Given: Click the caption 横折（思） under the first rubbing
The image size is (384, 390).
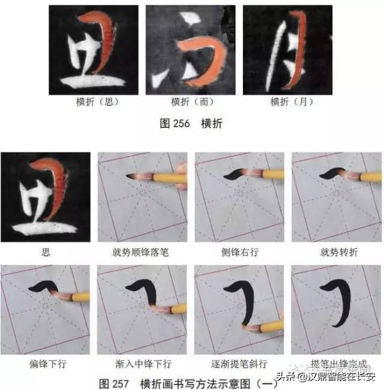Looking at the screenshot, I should pyautogui.click(x=94, y=102).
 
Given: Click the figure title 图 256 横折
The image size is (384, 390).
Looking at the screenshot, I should pyautogui.click(x=191, y=124).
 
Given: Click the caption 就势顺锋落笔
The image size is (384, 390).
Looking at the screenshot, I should pyautogui.click(x=142, y=252).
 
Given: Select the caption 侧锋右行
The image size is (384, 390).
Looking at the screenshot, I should pyautogui.click(x=239, y=252).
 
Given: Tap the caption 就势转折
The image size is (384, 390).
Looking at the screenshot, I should pyautogui.click(x=336, y=252).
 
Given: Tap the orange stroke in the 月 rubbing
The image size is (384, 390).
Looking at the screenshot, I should pyautogui.click(x=299, y=54).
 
